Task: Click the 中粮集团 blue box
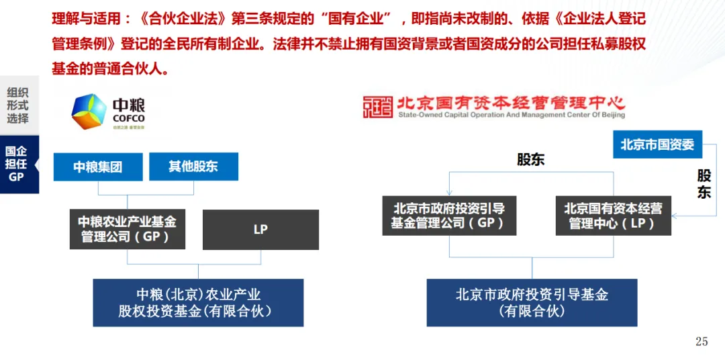tap(98, 167)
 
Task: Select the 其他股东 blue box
tap(193, 166)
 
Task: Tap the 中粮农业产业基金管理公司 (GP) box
tap(127, 228)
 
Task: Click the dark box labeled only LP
tap(260, 229)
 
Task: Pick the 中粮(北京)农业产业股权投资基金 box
tap(198, 302)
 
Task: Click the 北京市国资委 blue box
tap(657, 144)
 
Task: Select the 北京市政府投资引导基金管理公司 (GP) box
tap(449, 215)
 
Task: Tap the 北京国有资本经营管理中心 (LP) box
tap(613, 215)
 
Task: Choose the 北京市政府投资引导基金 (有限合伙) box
tap(532, 302)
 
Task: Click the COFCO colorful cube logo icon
tap(89, 110)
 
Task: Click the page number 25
tap(702, 342)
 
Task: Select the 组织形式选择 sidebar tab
tap(18, 105)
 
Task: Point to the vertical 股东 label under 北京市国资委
tap(704, 184)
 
